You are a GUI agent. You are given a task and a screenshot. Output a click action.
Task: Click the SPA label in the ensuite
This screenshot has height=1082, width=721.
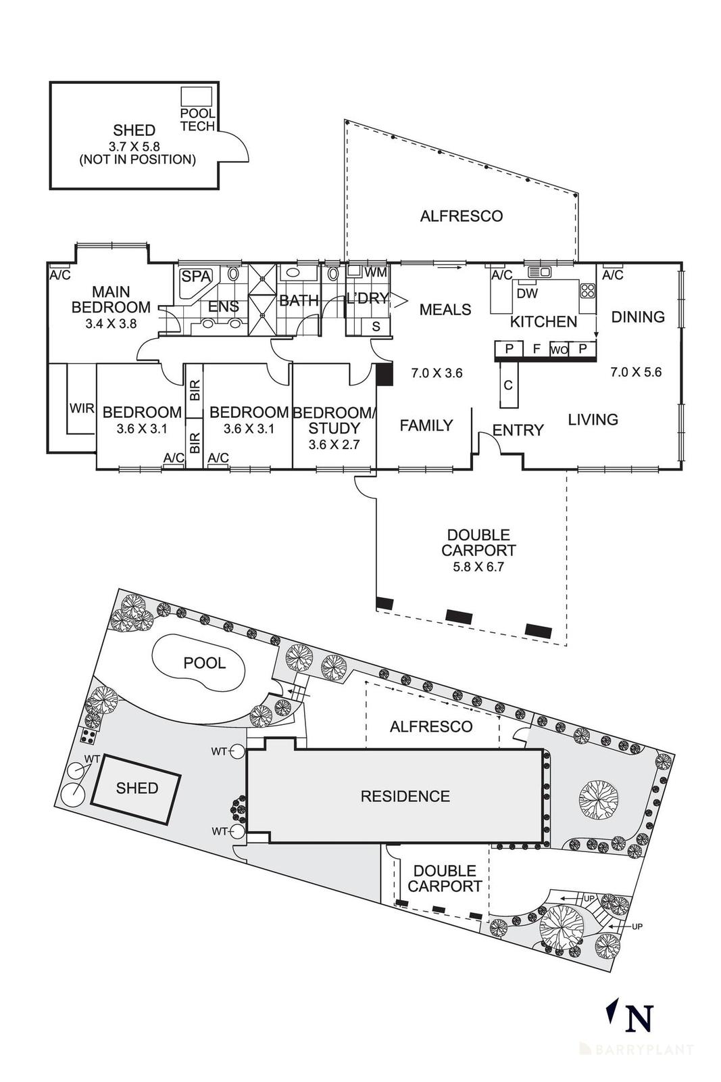(x=196, y=277)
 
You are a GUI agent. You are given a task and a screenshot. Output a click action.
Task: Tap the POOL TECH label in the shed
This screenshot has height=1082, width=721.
(x=197, y=120)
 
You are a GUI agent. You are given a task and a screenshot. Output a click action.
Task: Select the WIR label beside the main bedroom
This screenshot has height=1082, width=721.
(x=82, y=408)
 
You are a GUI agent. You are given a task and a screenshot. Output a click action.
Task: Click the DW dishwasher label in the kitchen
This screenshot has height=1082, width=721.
(x=527, y=293)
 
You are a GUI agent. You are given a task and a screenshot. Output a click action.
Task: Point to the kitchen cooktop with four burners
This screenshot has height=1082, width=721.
(x=588, y=291)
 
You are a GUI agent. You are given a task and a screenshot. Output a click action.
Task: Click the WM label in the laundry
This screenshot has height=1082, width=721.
(x=375, y=273)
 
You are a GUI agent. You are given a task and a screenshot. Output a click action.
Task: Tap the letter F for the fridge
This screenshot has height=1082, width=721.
(x=537, y=349)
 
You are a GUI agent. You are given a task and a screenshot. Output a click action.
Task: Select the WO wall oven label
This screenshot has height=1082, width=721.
(x=558, y=350)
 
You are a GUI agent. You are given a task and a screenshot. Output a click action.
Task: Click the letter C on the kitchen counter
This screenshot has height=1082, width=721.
(x=508, y=385)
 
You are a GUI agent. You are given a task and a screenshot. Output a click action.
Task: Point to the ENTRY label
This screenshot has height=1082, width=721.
(x=518, y=430)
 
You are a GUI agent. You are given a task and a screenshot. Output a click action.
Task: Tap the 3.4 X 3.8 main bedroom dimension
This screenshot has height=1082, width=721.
(x=111, y=323)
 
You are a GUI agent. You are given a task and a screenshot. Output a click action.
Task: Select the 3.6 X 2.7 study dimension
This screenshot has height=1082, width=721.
(x=334, y=445)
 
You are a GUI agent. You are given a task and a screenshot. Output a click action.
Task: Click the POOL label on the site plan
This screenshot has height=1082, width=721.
(x=205, y=663)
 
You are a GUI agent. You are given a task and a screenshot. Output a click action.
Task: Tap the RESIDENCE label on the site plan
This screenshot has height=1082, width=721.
(x=405, y=797)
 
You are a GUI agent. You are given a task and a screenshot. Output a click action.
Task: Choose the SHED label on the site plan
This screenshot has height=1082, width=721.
(x=137, y=789)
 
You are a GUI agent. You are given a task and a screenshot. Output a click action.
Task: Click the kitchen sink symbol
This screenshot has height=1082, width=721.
(x=540, y=272)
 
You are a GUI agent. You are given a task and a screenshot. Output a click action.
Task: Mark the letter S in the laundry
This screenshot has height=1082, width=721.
(x=376, y=326)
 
